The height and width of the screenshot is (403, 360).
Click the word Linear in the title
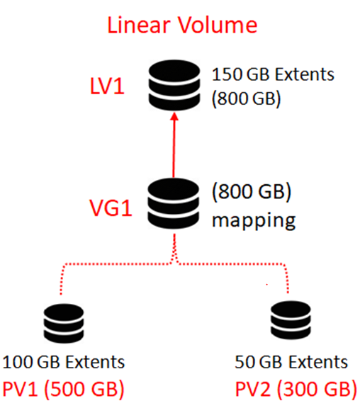tap(139, 25)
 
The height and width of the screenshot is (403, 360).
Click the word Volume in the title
tap(218, 25)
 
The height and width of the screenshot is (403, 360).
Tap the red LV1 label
tap(107, 86)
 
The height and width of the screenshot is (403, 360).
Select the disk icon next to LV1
tap(174, 85)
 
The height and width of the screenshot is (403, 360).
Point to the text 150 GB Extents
tap(273, 74)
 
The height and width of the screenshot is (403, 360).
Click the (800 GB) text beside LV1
tap(246, 98)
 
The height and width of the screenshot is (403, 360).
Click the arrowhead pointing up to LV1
tap(174, 116)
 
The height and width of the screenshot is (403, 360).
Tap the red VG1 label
tap(111, 208)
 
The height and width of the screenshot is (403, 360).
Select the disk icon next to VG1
tap(174, 203)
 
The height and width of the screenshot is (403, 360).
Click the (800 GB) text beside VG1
tap(252, 191)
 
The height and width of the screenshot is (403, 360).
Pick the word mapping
tap(254, 220)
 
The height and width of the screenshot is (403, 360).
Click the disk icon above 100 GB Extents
tap(64, 324)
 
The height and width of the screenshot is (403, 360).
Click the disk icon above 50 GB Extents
tap(291, 321)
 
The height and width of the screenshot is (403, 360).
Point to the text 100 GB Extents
tap(64, 362)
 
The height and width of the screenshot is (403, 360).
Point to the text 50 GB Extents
tap(291, 362)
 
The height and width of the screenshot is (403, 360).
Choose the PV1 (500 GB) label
tap(63, 389)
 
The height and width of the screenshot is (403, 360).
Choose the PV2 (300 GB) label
tap(296, 389)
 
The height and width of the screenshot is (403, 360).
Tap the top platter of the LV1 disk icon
tap(174, 70)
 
